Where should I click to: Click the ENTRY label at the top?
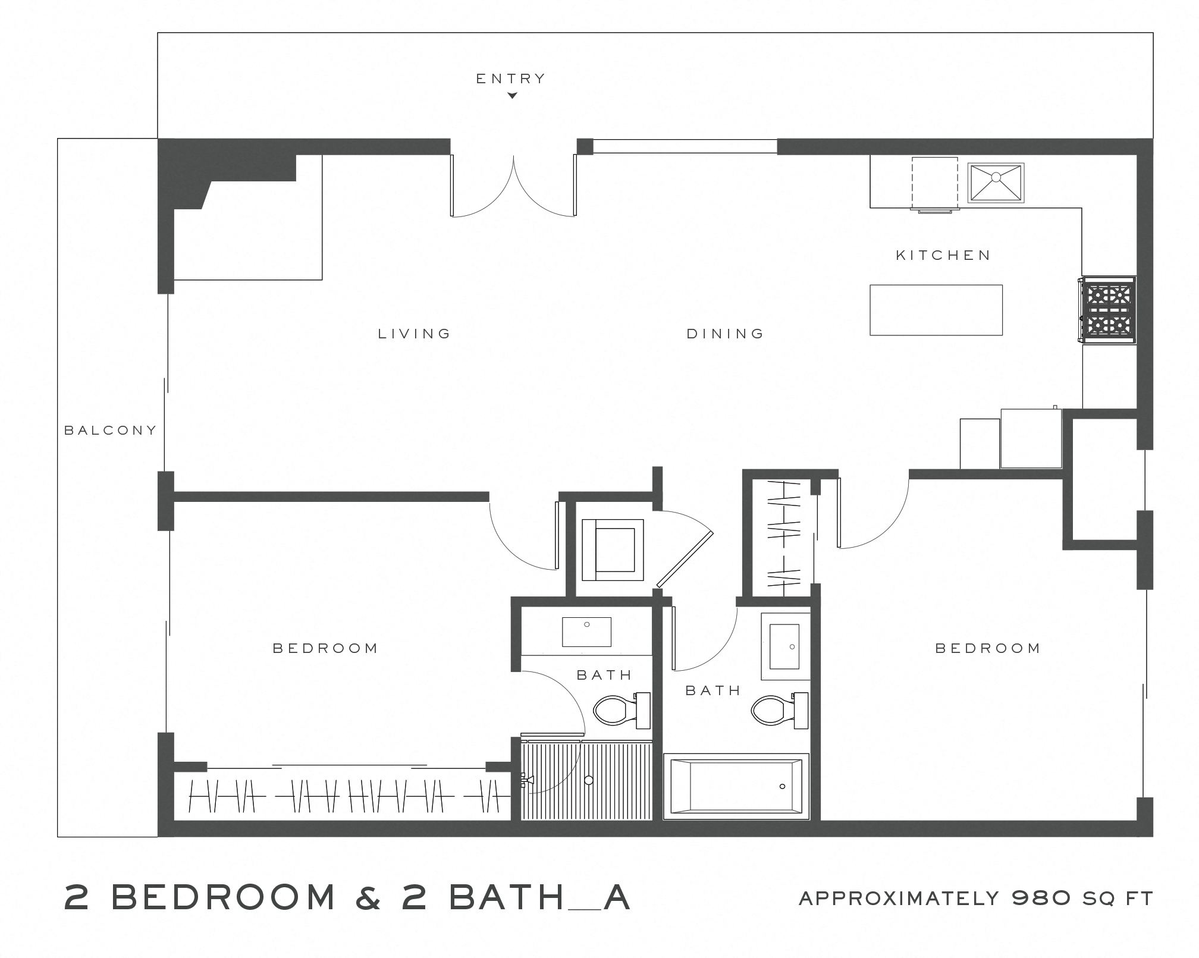(511, 78)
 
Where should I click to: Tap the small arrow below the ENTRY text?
(511, 95)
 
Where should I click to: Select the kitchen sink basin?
(996, 183)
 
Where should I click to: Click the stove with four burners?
(1108, 310)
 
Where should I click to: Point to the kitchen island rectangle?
(936, 310)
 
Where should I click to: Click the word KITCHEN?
(943, 255)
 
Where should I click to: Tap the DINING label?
(725, 334)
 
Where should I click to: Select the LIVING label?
(415, 334)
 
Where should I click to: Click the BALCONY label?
(110, 430)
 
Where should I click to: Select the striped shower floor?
(586, 780)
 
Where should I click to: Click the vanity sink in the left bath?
(586, 632)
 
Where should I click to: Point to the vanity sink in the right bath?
(784, 646)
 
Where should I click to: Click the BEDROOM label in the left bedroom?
(325, 648)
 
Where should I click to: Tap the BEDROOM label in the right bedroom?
(988, 648)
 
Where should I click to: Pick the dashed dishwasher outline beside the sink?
(934, 183)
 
